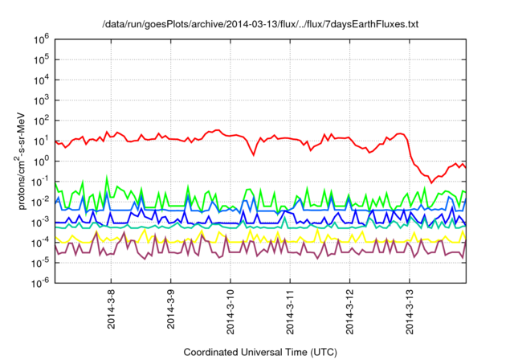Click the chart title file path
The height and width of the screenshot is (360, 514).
(x=261, y=26)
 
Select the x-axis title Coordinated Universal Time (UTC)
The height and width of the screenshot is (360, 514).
(x=260, y=352)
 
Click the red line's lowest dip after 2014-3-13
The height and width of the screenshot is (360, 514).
(x=431, y=182)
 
